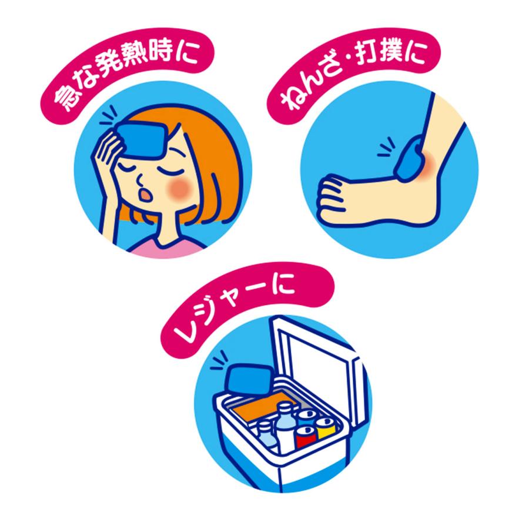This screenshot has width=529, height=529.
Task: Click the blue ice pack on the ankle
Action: [x=411, y=158]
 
